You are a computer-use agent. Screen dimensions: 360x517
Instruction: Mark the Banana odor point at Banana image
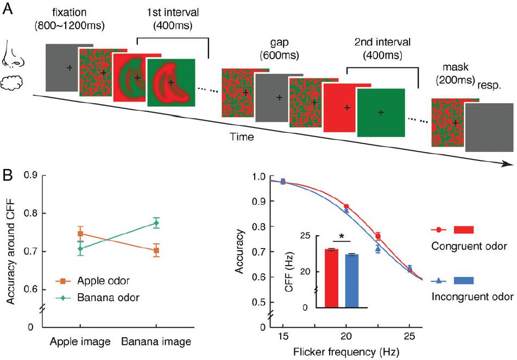click(156, 223)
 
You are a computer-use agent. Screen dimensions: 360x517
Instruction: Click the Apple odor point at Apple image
click(80, 234)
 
